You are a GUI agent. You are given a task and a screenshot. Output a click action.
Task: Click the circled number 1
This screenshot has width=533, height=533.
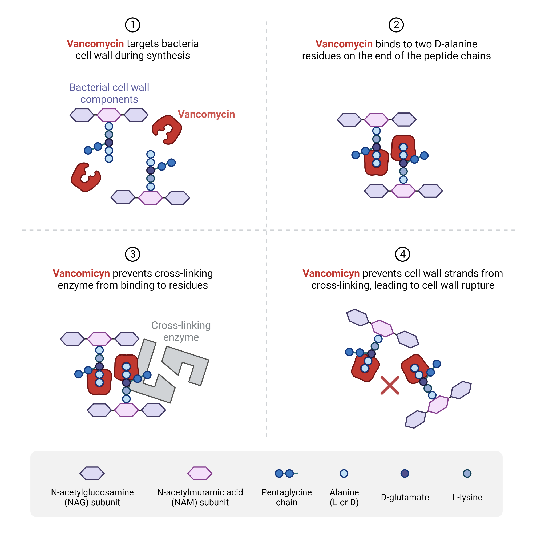(x=132, y=25)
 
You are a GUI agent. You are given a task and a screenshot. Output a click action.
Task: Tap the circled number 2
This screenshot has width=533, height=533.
(x=396, y=25)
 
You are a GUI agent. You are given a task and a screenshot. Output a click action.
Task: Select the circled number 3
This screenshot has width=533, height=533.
(x=132, y=254)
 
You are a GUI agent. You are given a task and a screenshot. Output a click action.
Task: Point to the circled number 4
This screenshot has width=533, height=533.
(x=402, y=254)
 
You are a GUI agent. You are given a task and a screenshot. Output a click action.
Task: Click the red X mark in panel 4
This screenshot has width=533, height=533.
(x=390, y=385)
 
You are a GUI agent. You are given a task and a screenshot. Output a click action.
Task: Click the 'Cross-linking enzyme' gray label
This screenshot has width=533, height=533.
(x=181, y=331)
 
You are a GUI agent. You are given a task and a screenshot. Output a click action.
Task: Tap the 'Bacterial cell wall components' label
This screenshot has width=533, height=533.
(x=109, y=93)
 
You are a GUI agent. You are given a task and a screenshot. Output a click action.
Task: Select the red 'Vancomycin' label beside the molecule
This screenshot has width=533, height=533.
(x=206, y=114)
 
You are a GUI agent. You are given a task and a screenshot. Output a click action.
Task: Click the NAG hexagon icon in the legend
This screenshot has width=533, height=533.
(x=92, y=473)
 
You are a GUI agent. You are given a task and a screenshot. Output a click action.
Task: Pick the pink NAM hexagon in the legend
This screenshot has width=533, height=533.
(x=200, y=473)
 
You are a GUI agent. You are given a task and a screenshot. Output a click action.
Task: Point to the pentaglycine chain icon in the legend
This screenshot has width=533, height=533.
(x=286, y=473)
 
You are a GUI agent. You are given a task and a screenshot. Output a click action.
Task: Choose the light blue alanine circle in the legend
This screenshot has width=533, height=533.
(x=344, y=473)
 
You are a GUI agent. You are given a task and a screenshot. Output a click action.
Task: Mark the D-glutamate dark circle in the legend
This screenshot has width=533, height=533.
(x=405, y=473)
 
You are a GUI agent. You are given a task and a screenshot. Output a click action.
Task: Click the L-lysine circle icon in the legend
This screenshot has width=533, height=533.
(x=467, y=473)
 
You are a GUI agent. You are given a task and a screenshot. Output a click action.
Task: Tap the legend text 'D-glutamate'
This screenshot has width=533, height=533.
(x=405, y=497)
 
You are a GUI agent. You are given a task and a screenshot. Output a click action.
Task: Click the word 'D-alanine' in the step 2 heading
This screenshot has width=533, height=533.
(x=456, y=44)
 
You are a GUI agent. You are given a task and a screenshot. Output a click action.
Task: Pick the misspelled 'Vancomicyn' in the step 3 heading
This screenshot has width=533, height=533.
(x=81, y=273)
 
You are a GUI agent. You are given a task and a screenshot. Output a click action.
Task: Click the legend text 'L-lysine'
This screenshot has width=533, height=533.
(x=467, y=497)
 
